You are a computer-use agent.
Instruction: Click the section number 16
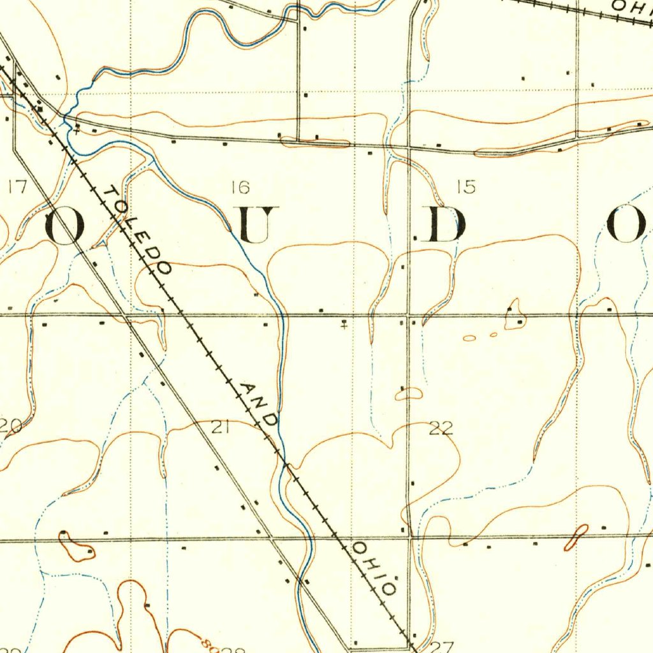point(240,187)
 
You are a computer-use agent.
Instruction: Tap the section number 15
point(466,187)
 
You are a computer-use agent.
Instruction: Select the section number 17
point(17,187)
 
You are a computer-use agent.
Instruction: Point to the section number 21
point(221,428)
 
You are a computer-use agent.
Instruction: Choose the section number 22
point(441,429)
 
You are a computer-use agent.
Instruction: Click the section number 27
point(441,647)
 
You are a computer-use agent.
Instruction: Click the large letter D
point(446,224)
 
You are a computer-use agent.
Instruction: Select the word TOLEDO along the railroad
point(138,230)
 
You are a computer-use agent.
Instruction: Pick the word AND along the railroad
point(260,404)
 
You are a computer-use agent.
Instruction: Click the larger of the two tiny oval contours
point(469,338)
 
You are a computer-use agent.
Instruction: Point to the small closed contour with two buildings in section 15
point(514,316)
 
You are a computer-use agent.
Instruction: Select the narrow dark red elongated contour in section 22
point(576,538)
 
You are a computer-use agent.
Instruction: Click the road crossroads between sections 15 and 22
point(409,314)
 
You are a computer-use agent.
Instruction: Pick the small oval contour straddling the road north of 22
point(409,394)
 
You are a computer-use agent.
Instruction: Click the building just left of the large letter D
point(416,238)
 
